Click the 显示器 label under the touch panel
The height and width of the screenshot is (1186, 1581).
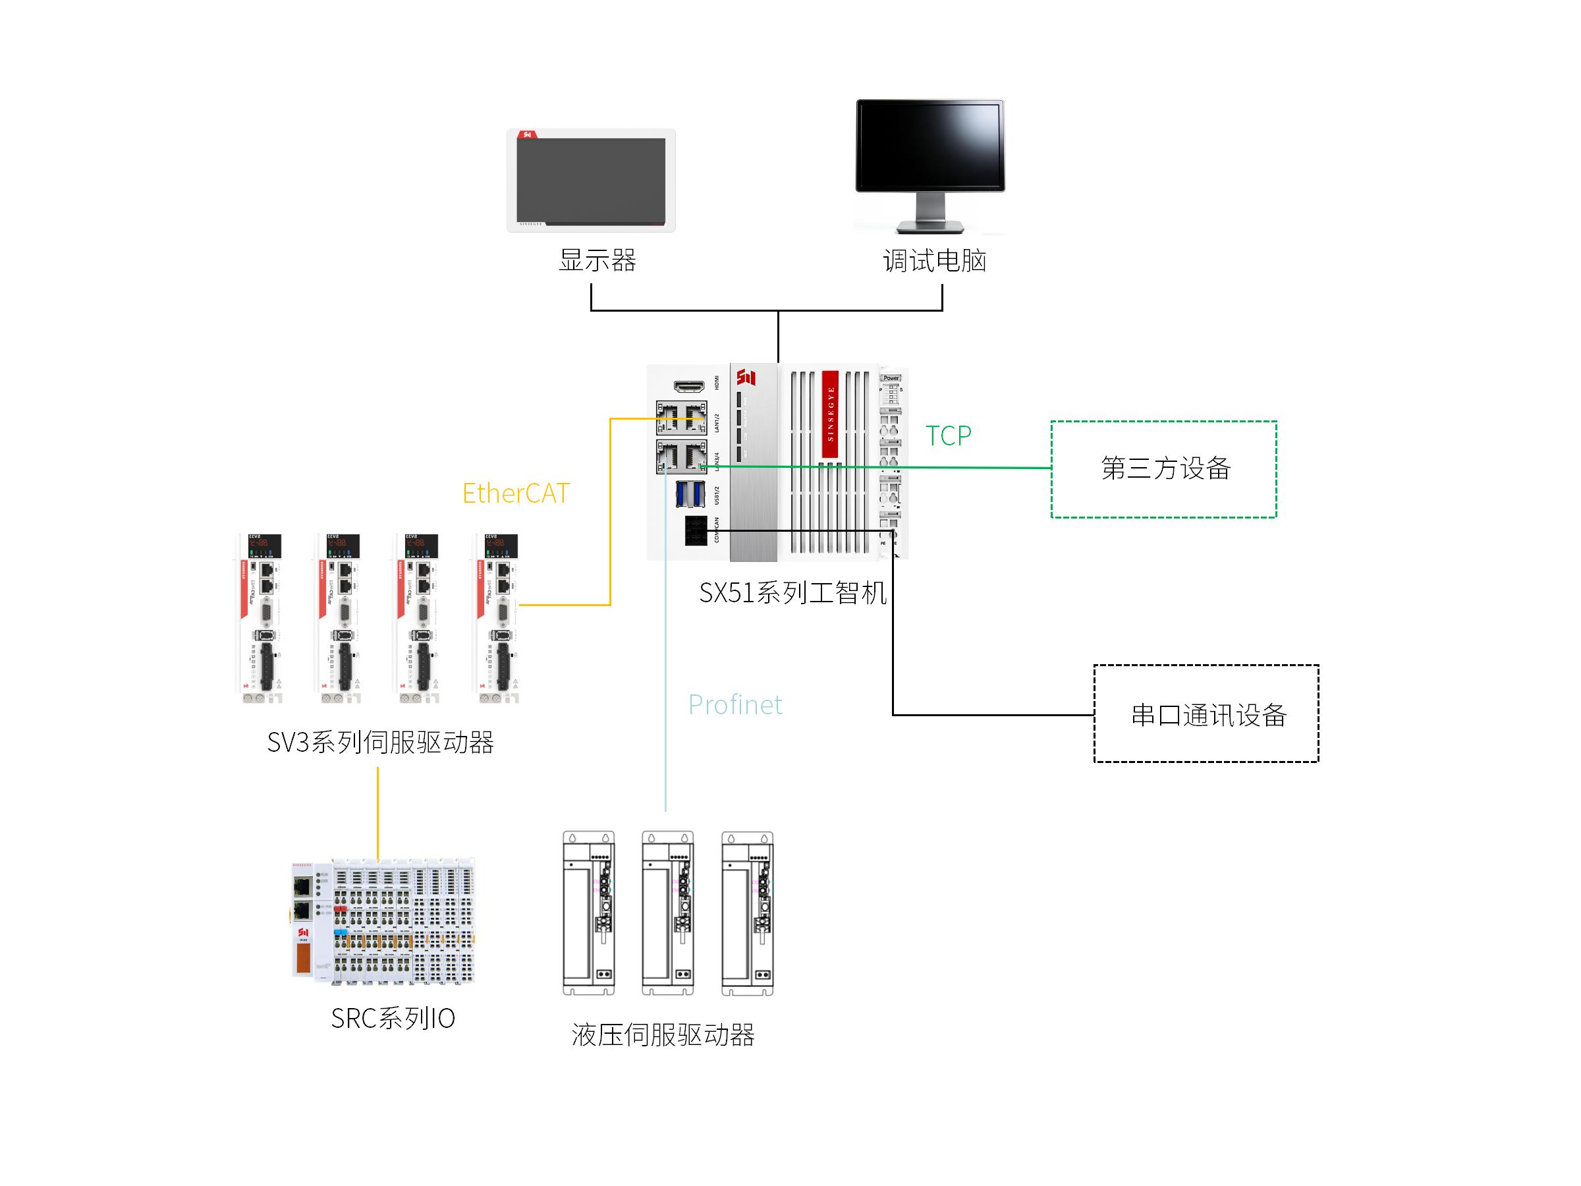[597, 260]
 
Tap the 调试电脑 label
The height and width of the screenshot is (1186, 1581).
[935, 260]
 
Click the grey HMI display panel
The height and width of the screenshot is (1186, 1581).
[590, 181]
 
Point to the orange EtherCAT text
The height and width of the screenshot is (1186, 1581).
[515, 494]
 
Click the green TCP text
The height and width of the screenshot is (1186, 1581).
[949, 436]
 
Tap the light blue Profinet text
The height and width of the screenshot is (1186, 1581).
[735, 705]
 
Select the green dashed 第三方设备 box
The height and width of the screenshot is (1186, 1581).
[1163, 469]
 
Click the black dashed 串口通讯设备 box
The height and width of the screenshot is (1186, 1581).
[1206, 714]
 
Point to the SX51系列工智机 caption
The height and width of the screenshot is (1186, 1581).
[792, 592]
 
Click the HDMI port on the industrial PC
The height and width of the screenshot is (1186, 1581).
[689, 386]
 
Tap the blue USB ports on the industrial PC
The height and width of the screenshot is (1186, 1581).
[690, 494]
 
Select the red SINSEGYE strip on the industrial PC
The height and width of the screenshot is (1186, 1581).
[830, 414]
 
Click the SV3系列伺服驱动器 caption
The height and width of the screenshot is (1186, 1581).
[380, 743]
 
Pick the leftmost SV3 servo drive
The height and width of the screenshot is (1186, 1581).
[261, 619]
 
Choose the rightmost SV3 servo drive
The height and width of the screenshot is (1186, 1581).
[497, 619]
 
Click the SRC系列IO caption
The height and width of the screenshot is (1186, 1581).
[393, 1019]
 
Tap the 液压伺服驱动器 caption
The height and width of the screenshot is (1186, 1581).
[663, 1035]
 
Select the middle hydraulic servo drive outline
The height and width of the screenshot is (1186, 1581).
[667, 913]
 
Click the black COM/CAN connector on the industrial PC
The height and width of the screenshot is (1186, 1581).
[696, 530]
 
